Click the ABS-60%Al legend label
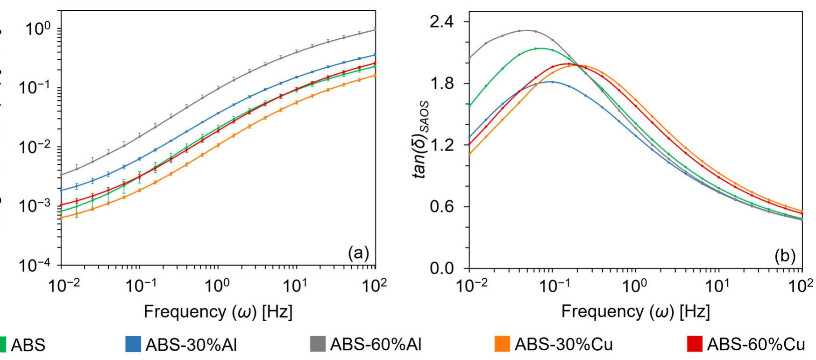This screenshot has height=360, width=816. [x=376, y=345]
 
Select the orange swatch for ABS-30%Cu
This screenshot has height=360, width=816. [x=502, y=345]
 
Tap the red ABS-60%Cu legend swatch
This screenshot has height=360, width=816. [x=695, y=345]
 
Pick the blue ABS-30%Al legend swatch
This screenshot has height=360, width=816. [x=133, y=345]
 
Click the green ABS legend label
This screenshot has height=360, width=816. [x=28, y=345]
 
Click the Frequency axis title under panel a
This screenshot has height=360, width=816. [x=218, y=311]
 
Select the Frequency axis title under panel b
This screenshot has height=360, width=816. [x=635, y=311]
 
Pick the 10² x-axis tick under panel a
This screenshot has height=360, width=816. [x=375, y=286]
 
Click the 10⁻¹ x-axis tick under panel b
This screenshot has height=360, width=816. [x=551, y=286]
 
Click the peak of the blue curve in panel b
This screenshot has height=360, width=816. [x=552, y=82]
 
